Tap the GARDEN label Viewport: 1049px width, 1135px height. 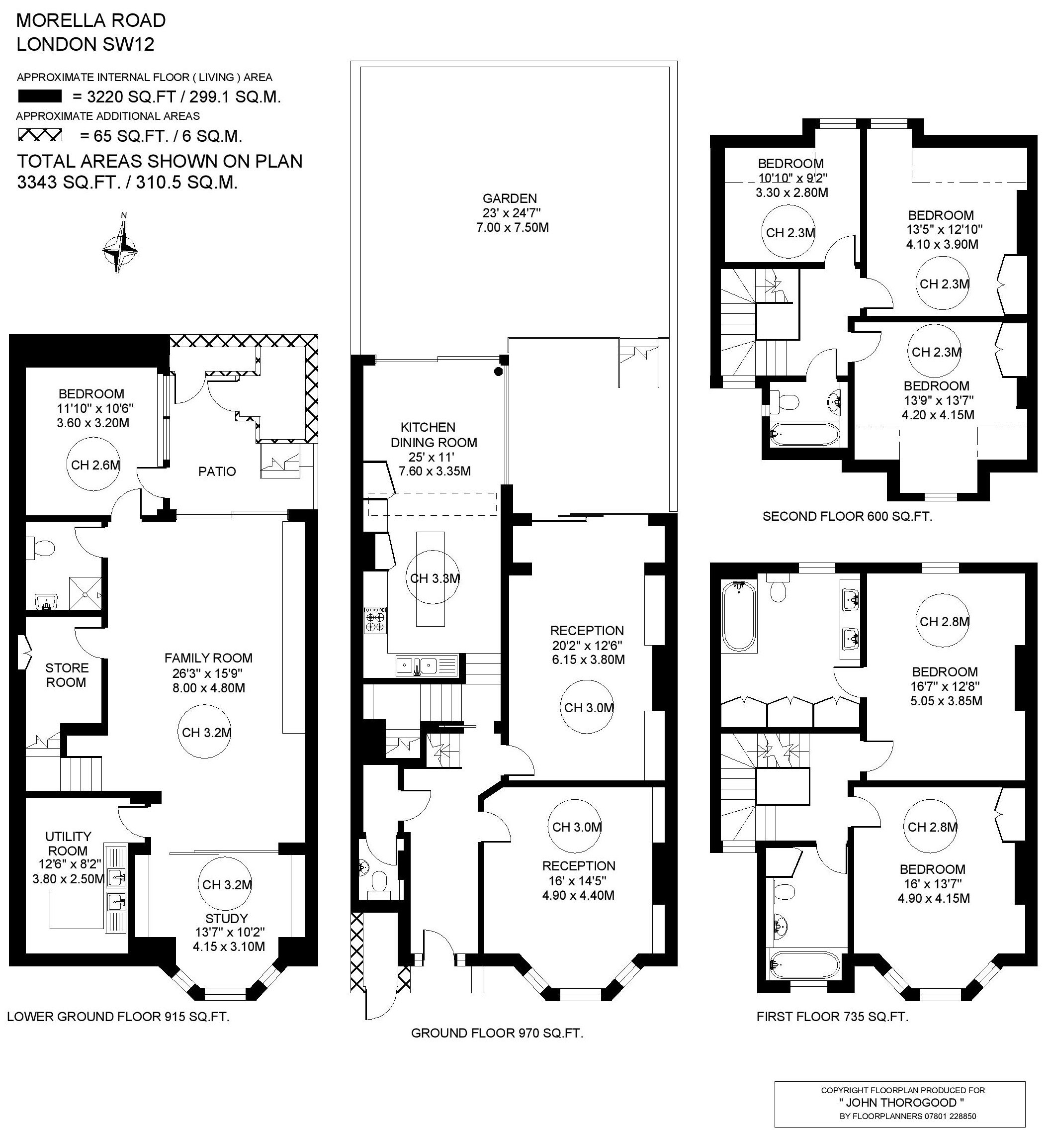(x=510, y=198)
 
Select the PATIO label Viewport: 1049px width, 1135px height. (x=217, y=472)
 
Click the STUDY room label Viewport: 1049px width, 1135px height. (x=227, y=918)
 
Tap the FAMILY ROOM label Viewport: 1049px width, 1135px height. (x=208, y=658)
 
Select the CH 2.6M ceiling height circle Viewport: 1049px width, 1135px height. (x=95, y=465)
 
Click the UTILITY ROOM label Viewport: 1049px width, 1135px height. (x=68, y=843)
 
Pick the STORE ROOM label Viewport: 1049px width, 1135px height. (x=67, y=675)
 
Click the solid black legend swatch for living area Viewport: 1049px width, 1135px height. (x=40, y=96)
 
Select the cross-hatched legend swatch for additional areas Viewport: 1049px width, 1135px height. (x=40, y=135)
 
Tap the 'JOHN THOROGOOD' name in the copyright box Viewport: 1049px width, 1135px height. (x=901, y=1103)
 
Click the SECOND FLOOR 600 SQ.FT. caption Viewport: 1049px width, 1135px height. (x=848, y=516)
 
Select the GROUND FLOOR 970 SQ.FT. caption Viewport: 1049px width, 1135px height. (x=497, y=1033)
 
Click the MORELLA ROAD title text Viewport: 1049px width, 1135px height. (x=91, y=20)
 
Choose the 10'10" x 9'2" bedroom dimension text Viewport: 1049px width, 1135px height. (x=793, y=178)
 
